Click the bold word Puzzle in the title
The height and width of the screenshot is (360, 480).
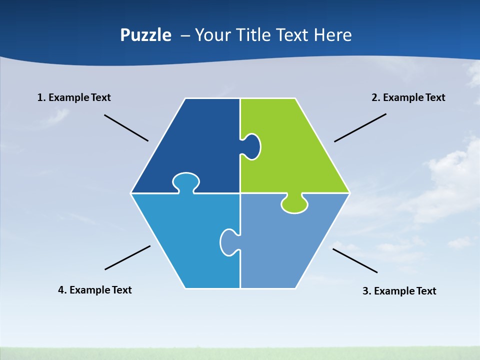pos(145,35)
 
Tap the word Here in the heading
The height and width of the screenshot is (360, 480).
pos(332,35)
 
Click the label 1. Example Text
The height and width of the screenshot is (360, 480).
pos(74,97)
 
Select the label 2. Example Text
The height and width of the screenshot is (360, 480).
pos(408,97)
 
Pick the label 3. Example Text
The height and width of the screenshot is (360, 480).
pos(399,291)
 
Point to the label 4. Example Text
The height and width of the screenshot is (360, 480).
pos(95,290)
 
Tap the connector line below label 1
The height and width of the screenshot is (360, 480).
pos(126,127)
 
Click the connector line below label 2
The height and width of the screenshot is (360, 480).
pos(360,127)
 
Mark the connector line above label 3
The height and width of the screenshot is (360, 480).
pos(355,260)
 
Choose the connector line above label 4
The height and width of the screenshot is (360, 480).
pos(127,257)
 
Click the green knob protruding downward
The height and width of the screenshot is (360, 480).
pos(294,204)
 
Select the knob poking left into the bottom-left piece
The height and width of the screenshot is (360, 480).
pos(229,242)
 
